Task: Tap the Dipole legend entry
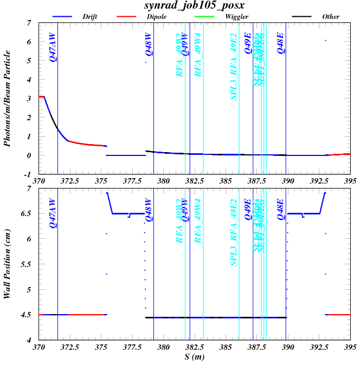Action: point(156,17)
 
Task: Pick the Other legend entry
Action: point(331,17)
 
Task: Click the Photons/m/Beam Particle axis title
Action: point(8,99)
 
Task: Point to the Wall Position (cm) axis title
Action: point(8,264)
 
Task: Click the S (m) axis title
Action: point(194,359)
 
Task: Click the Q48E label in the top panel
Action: point(281,43)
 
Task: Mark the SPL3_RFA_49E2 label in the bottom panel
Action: point(234,232)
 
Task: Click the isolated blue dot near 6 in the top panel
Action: point(325,40)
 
